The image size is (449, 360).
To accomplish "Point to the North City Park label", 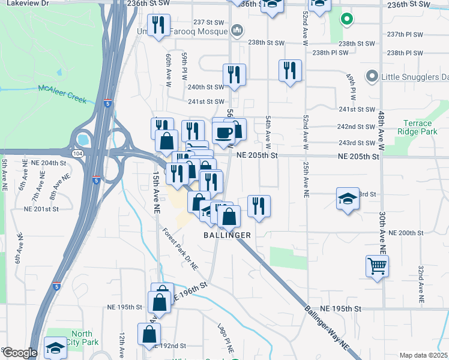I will (82, 338).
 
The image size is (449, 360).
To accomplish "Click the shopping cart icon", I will (377, 265).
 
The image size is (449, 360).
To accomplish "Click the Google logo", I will (19, 353).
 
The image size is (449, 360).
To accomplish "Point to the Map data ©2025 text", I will (423, 355).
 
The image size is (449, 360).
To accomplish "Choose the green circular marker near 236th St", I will (346, 19).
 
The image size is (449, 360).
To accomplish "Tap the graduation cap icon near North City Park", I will (55, 347).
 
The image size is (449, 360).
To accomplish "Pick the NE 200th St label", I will (406, 233).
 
